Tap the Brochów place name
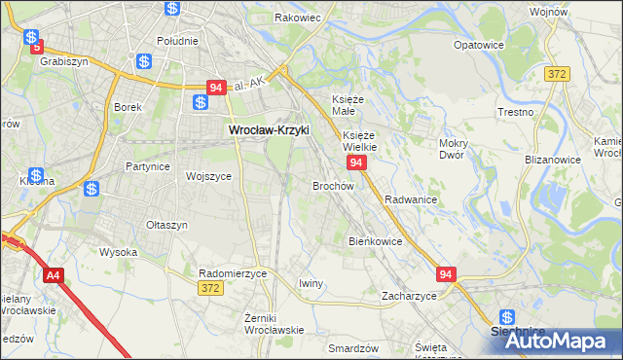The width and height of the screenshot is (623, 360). pos(332,185)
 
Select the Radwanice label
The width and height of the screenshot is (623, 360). pos(410,198)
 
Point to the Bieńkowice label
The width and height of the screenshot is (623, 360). pos(376,240)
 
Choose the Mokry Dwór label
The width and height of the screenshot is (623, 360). pos(454,148)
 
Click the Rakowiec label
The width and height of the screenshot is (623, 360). pos(298,18)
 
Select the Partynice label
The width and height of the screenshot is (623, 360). pos(148,166)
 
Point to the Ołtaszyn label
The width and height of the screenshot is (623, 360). pos(166,225)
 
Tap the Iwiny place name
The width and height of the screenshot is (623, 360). pos(311,283)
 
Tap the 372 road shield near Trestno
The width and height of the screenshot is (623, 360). pos(557,75)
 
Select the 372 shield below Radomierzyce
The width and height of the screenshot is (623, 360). pos(209,288)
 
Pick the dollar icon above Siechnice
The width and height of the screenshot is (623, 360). pos(506,316)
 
